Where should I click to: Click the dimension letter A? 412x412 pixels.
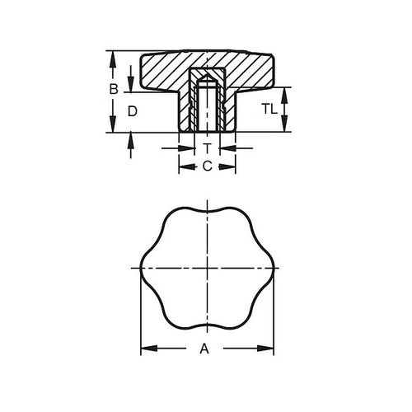tap(204, 349)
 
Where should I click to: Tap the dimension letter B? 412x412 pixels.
tap(115, 87)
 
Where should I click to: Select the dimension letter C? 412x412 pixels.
tap(207, 166)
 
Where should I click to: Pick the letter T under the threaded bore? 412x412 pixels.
tap(207, 148)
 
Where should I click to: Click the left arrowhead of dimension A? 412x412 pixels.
tap(145, 349)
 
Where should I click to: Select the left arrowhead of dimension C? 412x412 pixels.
tap(183, 166)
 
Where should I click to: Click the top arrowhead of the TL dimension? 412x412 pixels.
tap(284, 91)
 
